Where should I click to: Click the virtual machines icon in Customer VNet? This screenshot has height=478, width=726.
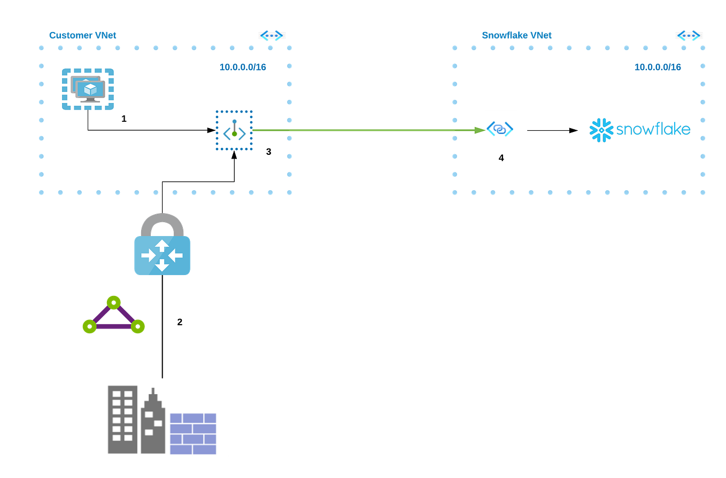coord(88,89)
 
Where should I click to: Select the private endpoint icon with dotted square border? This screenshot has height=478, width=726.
coord(234,131)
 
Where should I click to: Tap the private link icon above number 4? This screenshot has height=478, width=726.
coord(500,129)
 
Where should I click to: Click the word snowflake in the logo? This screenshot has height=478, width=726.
coord(653,130)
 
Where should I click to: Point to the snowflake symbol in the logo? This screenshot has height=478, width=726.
coord(601,130)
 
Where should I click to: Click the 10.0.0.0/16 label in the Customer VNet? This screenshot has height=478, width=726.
coord(243,67)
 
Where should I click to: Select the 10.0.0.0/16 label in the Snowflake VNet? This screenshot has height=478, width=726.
coord(658,67)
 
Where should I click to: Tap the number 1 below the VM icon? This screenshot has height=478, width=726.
coord(124,119)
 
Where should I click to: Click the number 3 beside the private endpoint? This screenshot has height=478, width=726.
coord(268,152)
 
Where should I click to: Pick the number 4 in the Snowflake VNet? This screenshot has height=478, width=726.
coord(501,158)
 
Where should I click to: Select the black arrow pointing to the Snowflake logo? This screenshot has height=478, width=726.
coord(552,130)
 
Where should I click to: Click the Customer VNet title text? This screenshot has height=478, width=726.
coord(83,35)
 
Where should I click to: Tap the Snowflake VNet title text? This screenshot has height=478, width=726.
coord(516,35)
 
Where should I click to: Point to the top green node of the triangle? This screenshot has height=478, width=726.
coord(113,302)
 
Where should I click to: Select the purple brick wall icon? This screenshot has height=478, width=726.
coord(193,433)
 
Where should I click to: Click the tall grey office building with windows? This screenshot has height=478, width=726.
coord(122,420)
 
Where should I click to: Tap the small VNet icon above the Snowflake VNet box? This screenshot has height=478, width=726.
coord(688,36)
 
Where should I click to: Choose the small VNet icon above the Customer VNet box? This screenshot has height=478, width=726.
coord(272,36)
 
